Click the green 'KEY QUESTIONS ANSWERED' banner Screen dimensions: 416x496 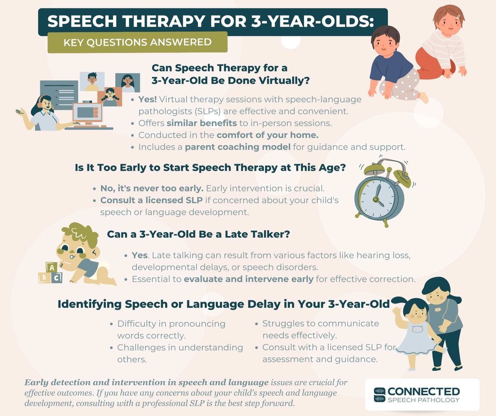pos(137,42)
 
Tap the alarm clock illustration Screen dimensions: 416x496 pos(378,191)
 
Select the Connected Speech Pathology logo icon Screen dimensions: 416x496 pos(380,395)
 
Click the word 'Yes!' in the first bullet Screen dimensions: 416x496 pos(147,99)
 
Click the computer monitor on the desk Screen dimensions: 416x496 pos(86,114)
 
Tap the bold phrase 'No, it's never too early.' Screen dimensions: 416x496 pos(152,188)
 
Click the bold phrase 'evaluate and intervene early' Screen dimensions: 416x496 pos(248,279)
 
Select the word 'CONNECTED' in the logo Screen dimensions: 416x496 pos(424,392)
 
